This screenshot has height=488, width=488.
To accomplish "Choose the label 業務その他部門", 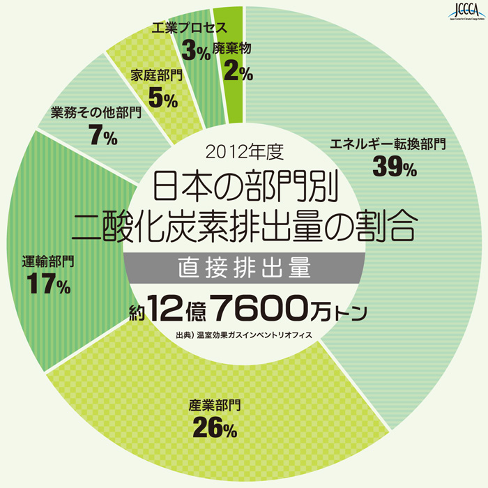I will tap(96, 112).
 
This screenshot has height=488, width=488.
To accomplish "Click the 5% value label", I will tap(163, 98).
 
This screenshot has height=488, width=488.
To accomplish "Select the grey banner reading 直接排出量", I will tap(243, 267).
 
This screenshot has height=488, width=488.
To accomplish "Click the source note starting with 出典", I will tap(244, 335).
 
